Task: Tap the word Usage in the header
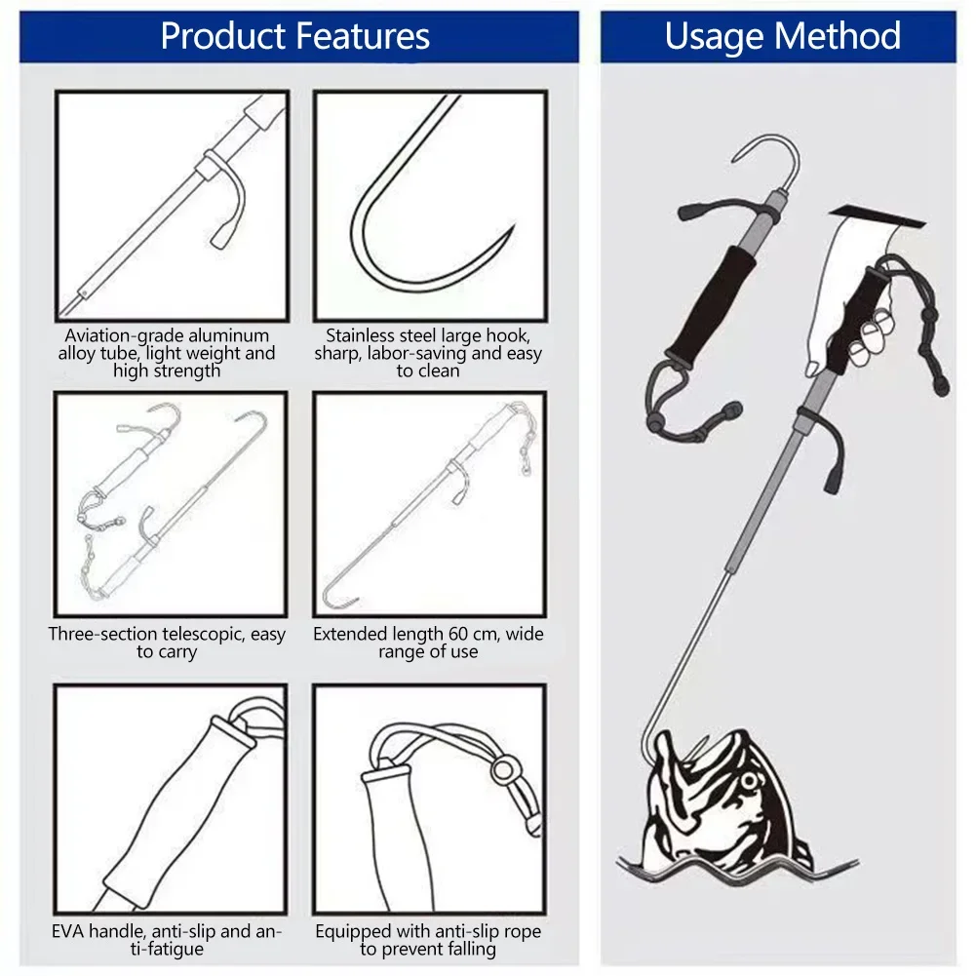(x=712, y=36)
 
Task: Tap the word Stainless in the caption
(x=362, y=335)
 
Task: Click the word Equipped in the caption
(x=353, y=932)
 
